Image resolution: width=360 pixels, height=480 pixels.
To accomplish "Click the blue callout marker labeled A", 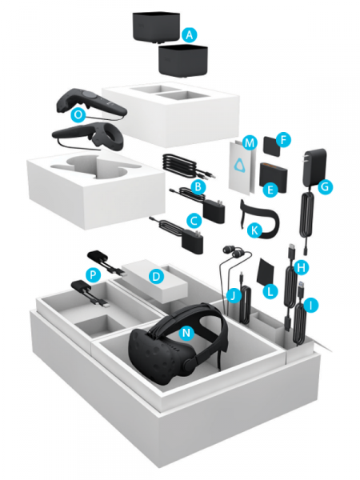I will [x=189, y=35].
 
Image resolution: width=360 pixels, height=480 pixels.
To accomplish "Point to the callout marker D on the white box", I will [x=157, y=278].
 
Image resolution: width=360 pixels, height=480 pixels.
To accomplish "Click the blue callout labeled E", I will [x=269, y=190].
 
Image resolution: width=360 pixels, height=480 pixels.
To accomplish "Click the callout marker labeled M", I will [x=250, y=143].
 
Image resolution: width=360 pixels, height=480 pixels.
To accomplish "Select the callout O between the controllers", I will [x=78, y=115].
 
